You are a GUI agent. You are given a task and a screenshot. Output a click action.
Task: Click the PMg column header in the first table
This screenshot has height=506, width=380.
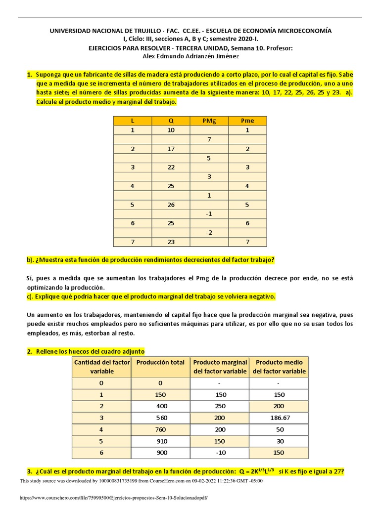pyautogui.click(x=209, y=121)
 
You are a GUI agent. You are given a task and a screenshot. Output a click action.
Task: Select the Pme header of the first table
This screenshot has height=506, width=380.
pyautogui.click(x=247, y=121)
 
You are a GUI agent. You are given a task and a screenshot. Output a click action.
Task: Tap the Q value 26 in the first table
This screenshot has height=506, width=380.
pyautogui.click(x=171, y=205)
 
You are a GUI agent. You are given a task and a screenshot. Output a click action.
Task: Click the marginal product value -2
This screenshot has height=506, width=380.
pyautogui.click(x=209, y=232)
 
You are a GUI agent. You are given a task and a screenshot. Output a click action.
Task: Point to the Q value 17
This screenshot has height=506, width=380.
pyautogui.click(x=171, y=149)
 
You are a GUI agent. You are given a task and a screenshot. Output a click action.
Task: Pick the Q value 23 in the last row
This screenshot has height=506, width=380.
pyautogui.click(x=171, y=242)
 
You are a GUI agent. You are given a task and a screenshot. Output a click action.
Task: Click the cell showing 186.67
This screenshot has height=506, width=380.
pyautogui.click(x=279, y=418)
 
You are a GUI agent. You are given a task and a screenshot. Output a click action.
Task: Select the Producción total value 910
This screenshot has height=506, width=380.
pyautogui.click(x=160, y=442)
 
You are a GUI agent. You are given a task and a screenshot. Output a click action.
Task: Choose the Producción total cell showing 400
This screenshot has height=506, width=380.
pyautogui.click(x=160, y=406)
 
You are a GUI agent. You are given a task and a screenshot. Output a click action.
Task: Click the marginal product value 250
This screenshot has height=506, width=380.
pyautogui.click(x=220, y=406)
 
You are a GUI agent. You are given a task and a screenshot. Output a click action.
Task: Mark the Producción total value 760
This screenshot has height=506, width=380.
pyautogui.click(x=160, y=430)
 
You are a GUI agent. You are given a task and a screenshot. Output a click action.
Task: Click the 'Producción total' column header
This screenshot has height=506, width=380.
pyautogui.click(x=160, y=363)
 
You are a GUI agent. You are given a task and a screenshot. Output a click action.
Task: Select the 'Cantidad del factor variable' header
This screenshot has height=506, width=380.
pyautogui.click(x=101, y=367)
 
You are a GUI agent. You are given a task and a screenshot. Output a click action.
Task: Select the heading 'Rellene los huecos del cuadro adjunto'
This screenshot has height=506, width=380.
pyautogui.click(x=90, y=351)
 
